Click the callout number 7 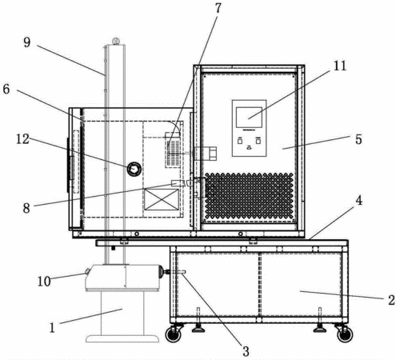click(218, 8)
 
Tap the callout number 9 click(27, 42)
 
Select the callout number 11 click(340, 66)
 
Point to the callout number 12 click(22, 138)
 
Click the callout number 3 click(246, 351)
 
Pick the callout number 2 click(391, 300)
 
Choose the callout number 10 click(44, 281)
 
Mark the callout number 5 click(358, 139)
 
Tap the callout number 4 click(359, 200)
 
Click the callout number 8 click(26, 208)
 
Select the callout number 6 click(6, 89)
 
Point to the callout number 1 click(52, 327)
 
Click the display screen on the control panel click(249, 117)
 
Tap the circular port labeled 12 click(134, 169)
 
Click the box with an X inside click(162, 199)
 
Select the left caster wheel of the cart click(173, 334)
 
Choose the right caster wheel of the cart click(345, 334)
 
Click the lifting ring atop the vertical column click(115, 42)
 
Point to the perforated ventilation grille click(249, 197)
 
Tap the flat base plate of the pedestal click(122, 338)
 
